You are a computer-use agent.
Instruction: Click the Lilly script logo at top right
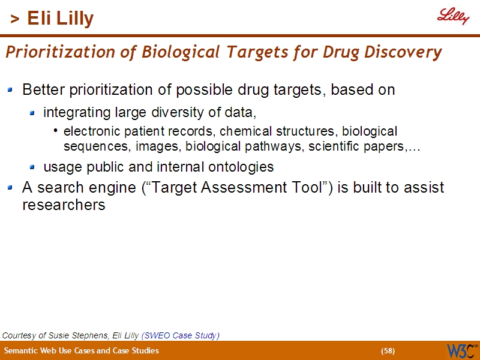(x=452, y=17)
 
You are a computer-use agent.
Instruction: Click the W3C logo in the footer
(x=461, y=350)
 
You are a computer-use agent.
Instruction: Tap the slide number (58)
(x=388, y=351)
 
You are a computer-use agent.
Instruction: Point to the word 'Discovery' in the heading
(x=412, y=53)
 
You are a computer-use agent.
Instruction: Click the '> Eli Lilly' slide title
(x=52, y=19)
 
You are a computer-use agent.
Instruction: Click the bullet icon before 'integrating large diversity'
(x=32, y=112)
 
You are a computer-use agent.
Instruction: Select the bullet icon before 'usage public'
(x=32, y=167)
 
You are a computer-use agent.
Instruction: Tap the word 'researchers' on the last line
(x=64, y=205)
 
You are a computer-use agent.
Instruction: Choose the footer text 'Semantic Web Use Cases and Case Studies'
(x=82, y=351)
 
